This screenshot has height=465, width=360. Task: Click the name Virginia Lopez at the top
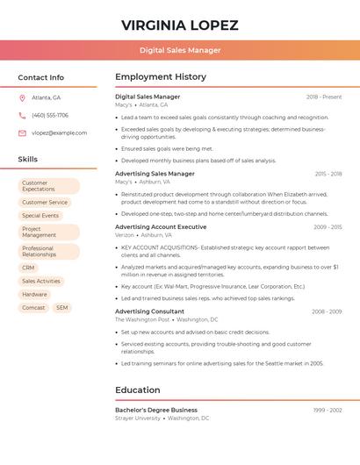point(179,25)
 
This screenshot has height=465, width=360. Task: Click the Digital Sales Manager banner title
point(179,50)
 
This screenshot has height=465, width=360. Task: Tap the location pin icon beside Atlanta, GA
point(22,97)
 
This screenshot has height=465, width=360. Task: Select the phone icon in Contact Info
point(22,115)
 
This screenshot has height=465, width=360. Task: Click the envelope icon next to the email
point(22,133)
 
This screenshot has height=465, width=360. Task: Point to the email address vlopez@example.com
point(59,133)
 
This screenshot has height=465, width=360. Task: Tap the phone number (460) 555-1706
point(50,115)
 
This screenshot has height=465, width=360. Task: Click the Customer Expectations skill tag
point(48,186)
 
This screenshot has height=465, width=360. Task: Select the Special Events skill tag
point(40,215)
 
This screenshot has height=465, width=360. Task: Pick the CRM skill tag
point(29,268)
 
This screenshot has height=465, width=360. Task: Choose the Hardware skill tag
point(35,294)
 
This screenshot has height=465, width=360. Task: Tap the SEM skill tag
point(61,308)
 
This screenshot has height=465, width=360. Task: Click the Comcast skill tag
point(33,308)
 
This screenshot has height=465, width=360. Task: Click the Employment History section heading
point(161,77)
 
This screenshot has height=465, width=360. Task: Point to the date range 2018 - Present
point(324,97)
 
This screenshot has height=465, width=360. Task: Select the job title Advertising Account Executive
point(161,226)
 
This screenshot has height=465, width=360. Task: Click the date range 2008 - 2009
point(327,311)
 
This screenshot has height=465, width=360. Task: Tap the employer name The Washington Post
point(142,320)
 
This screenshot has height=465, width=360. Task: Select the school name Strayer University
point(138,418)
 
